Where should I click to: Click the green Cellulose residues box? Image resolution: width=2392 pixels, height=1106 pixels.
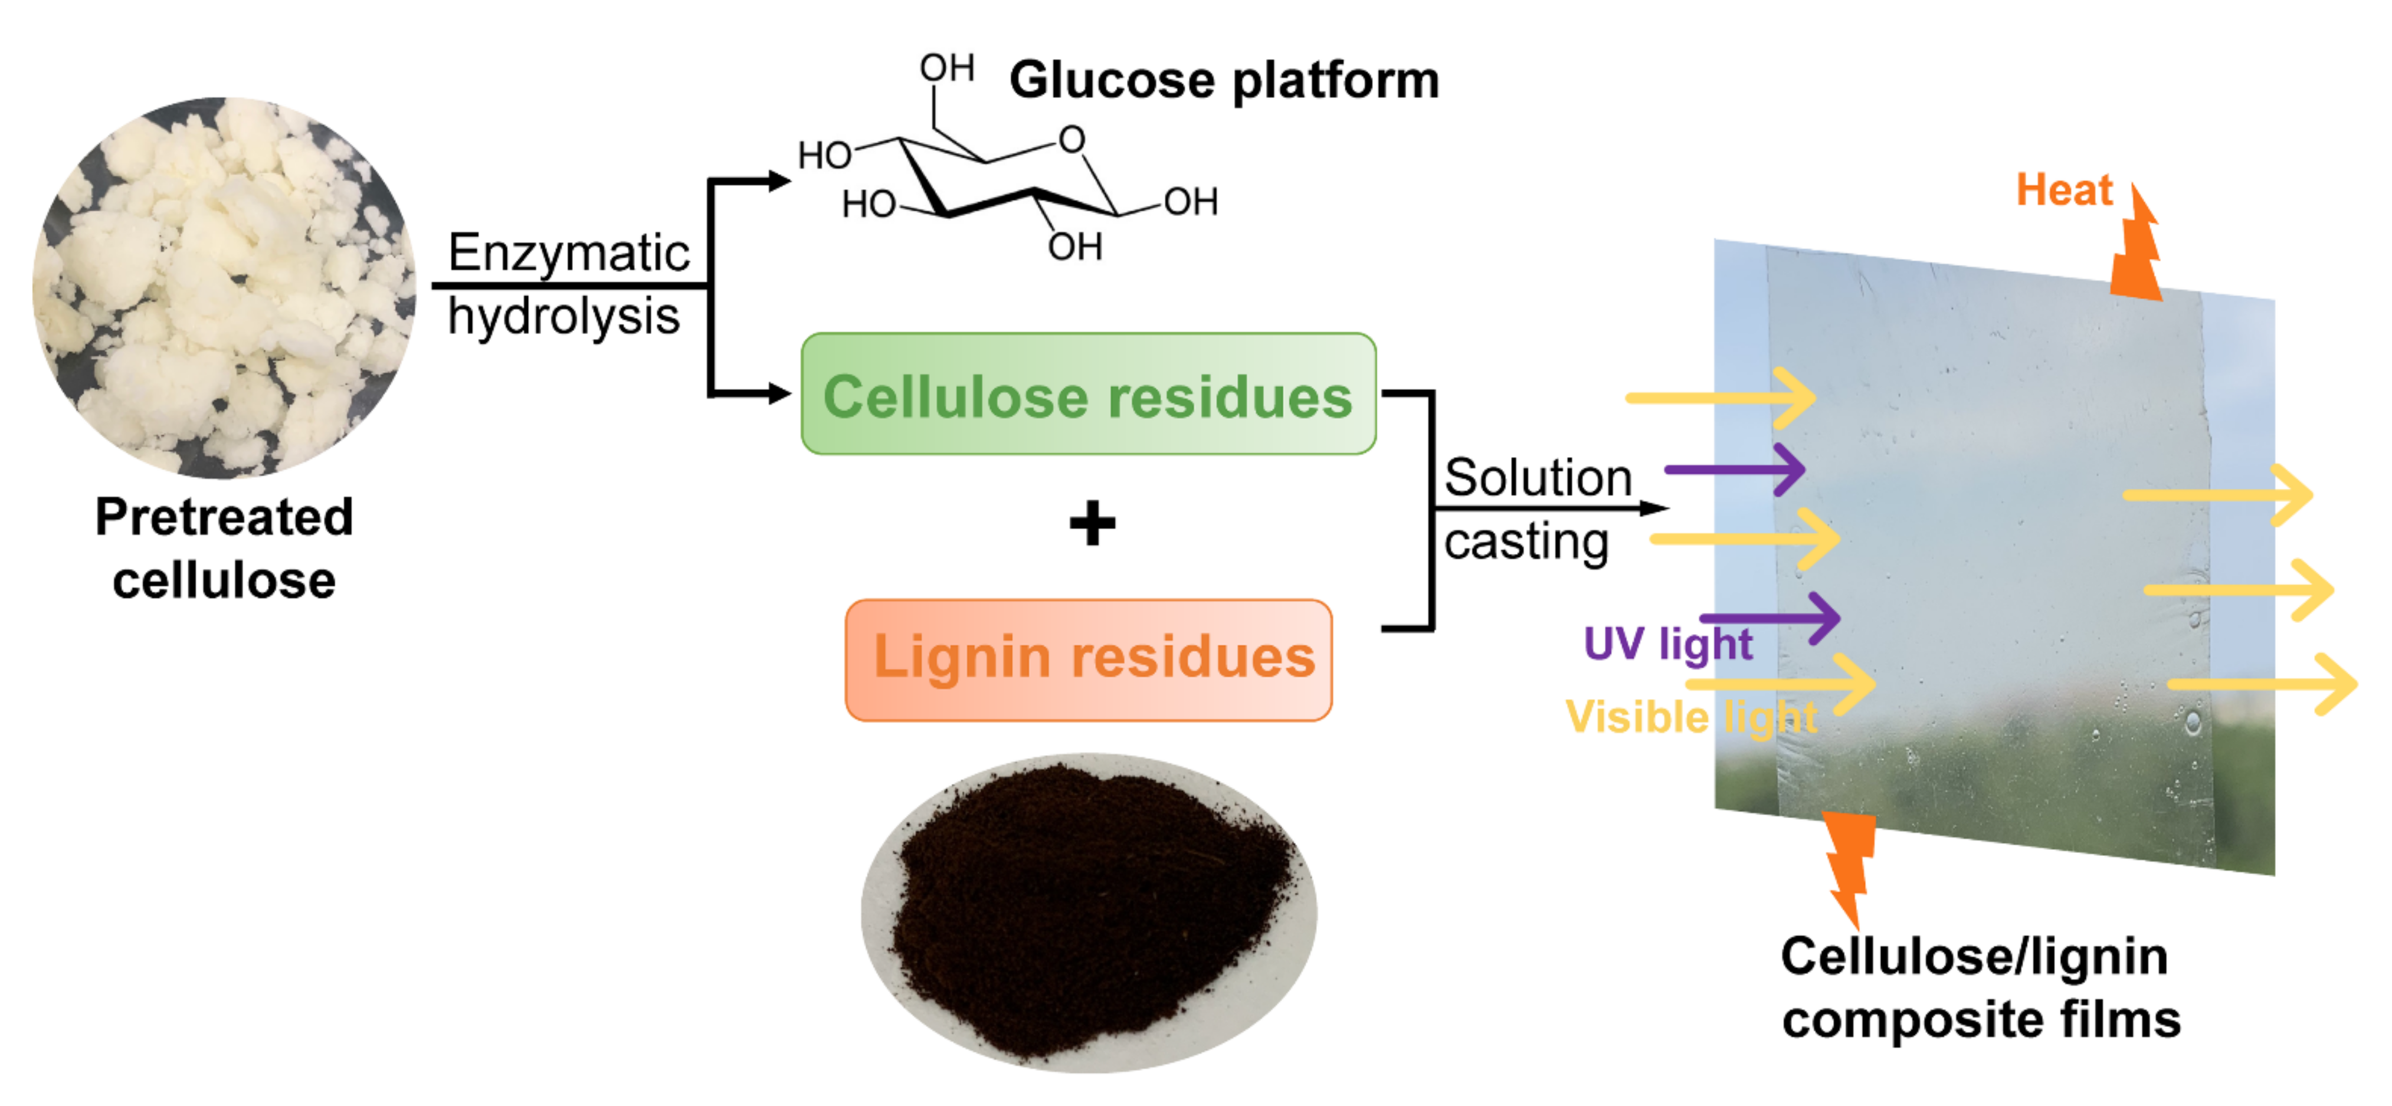(1088, 395)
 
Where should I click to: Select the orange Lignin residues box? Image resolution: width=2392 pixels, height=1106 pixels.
(1088, 659)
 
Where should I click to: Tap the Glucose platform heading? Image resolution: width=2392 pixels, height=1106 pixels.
(1224, 81)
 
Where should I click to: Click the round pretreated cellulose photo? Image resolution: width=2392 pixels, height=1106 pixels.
(224, 288)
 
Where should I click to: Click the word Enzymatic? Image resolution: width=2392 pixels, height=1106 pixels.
(568, 252)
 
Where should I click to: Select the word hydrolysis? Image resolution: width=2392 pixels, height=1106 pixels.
(563, 317)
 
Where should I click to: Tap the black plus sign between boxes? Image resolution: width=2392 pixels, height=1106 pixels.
(1092, 524)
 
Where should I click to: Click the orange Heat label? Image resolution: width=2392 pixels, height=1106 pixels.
(2063, 191)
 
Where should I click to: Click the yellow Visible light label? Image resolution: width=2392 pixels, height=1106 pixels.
(1690, 717)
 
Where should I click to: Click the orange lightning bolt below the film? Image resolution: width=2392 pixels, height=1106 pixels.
(1850, 864)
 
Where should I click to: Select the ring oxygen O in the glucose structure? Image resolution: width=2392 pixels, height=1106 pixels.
(1072, 140)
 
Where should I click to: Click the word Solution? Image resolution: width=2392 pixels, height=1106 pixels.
(1538, 478)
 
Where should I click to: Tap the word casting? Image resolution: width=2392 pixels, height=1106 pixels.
(1526, 541)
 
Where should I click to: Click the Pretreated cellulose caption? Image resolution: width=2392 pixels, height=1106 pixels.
(224, 548)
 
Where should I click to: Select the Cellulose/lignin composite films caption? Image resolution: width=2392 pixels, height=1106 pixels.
(1980, 988)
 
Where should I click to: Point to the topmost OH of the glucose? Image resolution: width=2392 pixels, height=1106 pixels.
(946, 68)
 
